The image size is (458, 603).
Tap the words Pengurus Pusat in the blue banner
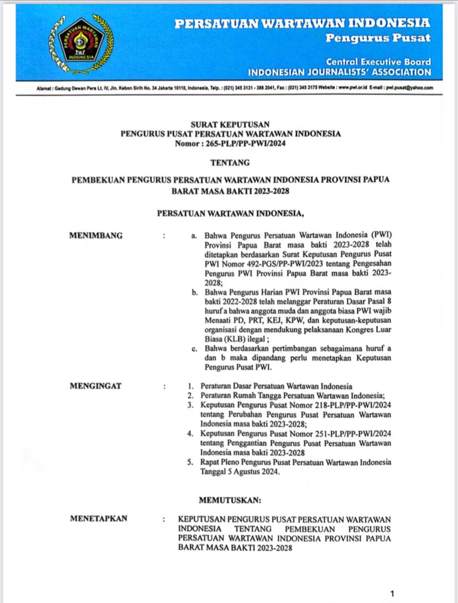point(377,38)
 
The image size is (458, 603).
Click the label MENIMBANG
point(96,235)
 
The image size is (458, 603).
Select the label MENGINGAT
point(95,386)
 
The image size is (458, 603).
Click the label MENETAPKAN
point(99,518)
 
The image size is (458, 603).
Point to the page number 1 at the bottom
point(392,594)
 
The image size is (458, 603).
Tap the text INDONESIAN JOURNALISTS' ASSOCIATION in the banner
point(339,72)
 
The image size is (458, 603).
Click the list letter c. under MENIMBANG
point(194,349)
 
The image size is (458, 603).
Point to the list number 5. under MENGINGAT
point(190,462)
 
